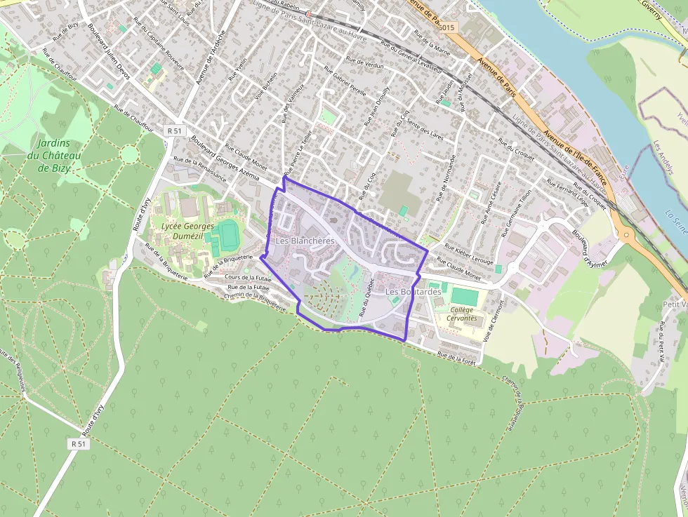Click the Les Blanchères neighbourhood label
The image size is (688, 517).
coord(304,241)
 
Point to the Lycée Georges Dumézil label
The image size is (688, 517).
coord(187,231)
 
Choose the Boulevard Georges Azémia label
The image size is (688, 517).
coord(217,154)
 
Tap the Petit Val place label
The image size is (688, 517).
coord(674,304)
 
